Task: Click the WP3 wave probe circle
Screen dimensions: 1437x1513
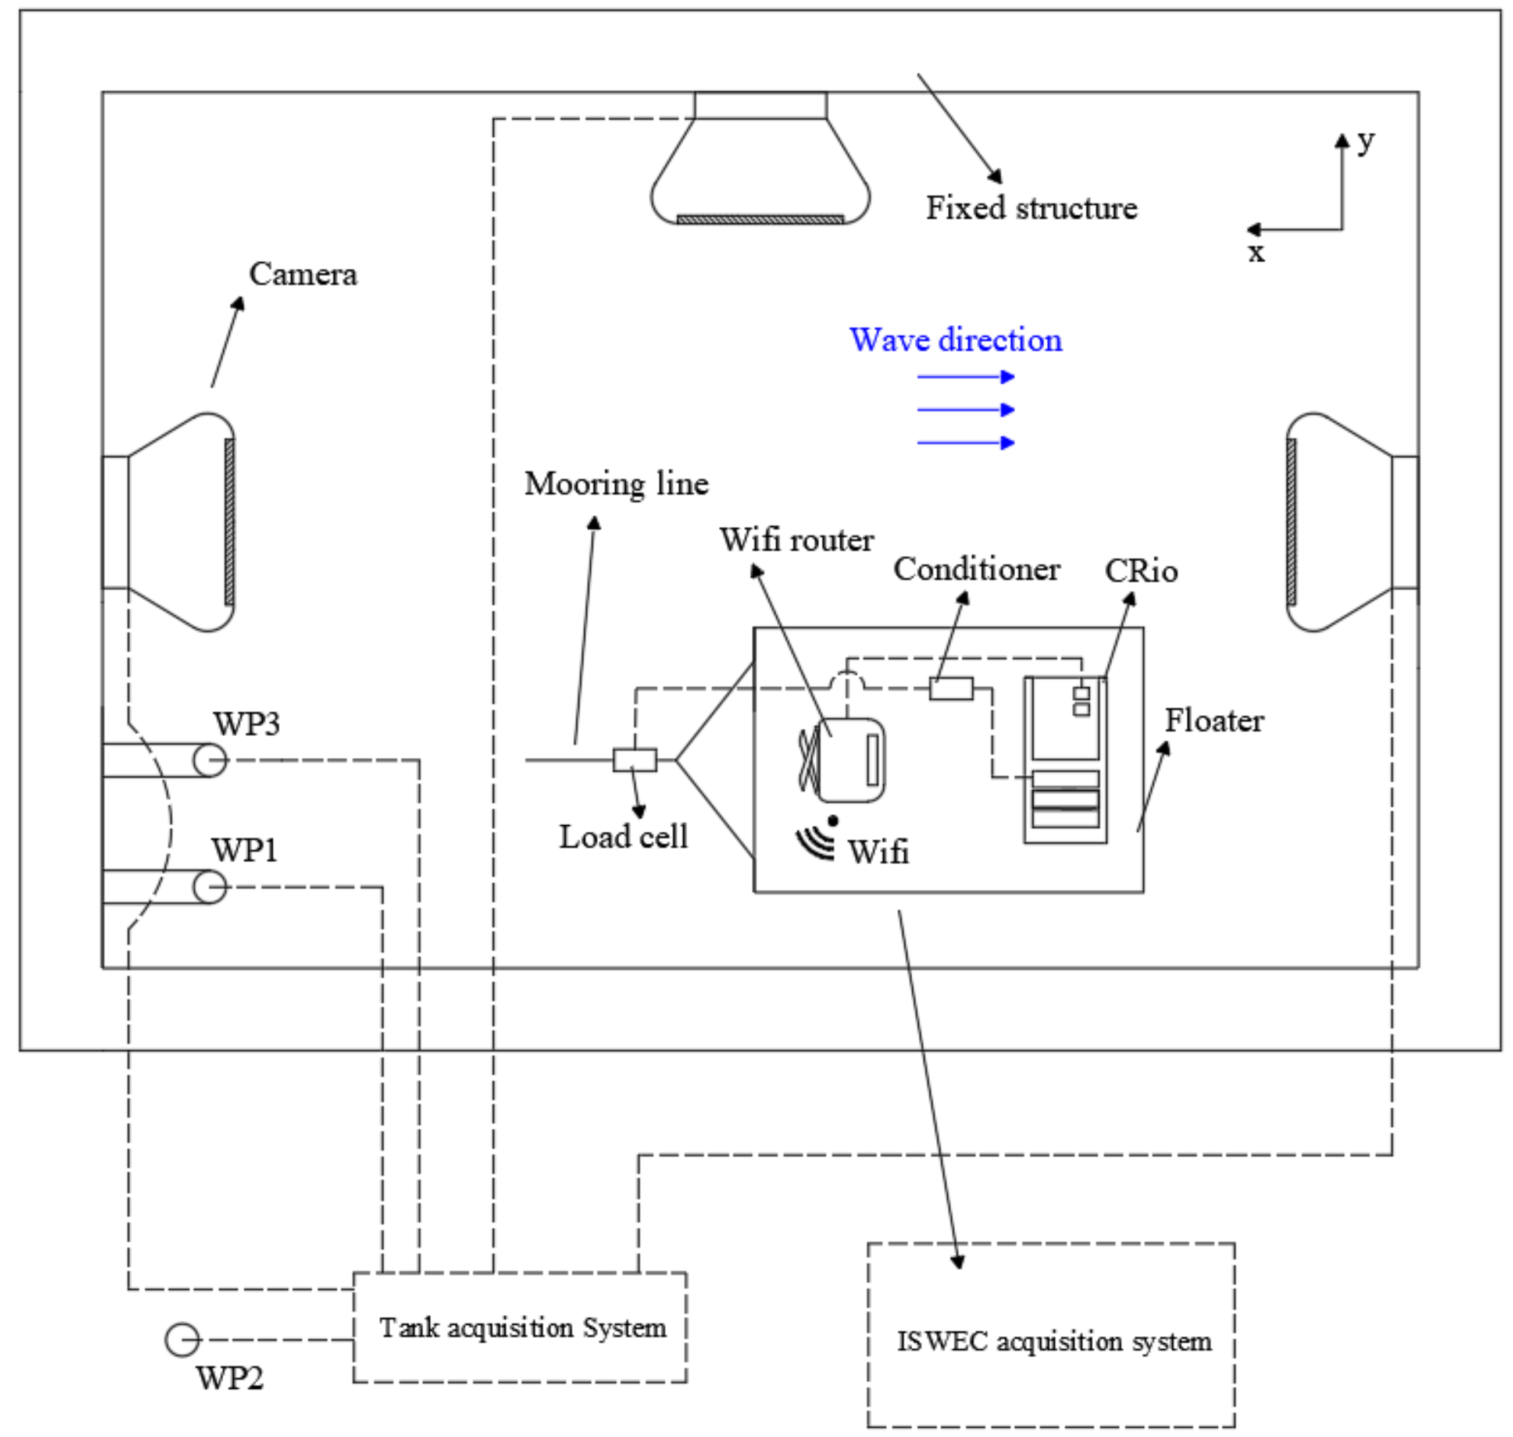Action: [x=209, y=760]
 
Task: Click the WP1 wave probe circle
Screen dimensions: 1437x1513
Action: [x=209, y=887]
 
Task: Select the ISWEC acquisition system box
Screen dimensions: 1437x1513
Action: [x=1051, y=1341]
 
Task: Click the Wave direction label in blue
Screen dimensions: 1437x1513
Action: [x=955, y=340]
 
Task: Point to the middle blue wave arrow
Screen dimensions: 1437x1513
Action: [x=965, y=410]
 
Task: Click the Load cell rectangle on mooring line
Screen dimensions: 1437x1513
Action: [x=634, y=760]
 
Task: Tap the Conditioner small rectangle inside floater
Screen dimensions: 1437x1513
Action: [x=951, y=689]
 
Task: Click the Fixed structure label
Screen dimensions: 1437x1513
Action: [x=1031, y=208]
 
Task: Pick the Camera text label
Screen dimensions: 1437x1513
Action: [x=302, y=274]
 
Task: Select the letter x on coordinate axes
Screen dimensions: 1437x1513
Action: [x=1257, y=252]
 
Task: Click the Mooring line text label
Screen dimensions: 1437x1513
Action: [x=616, y=484]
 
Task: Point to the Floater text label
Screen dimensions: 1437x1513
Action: [x=1214, y=721]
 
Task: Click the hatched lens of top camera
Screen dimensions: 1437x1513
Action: [x=760, y=220]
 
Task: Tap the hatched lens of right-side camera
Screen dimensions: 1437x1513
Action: [x=1291, y=522]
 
